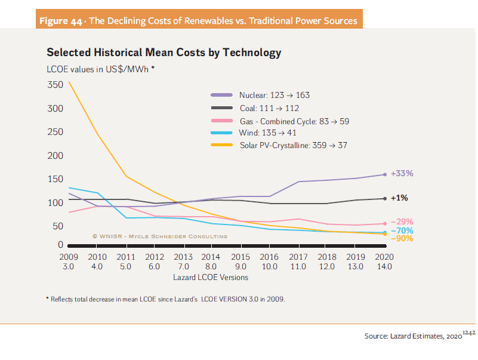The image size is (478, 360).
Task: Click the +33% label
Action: click(402, 174)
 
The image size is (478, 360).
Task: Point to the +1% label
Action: click(399, 198)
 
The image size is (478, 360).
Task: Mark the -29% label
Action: click(402, 221)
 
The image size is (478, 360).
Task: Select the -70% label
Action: click(402, 230)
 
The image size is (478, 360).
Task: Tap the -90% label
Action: click(402, 238)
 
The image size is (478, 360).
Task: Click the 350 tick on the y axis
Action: click(55, 85)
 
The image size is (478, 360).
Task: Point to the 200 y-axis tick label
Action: click(55, 156)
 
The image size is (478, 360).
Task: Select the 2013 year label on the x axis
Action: click(183, 257)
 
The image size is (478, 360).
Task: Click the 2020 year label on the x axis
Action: click(382, 257)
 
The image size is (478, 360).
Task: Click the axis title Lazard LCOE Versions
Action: click(211, 277)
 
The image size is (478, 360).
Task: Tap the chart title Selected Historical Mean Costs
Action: click(164, 53)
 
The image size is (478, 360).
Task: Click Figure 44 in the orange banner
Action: click(60, 21)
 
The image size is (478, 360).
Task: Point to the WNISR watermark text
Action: click(159, 236)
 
